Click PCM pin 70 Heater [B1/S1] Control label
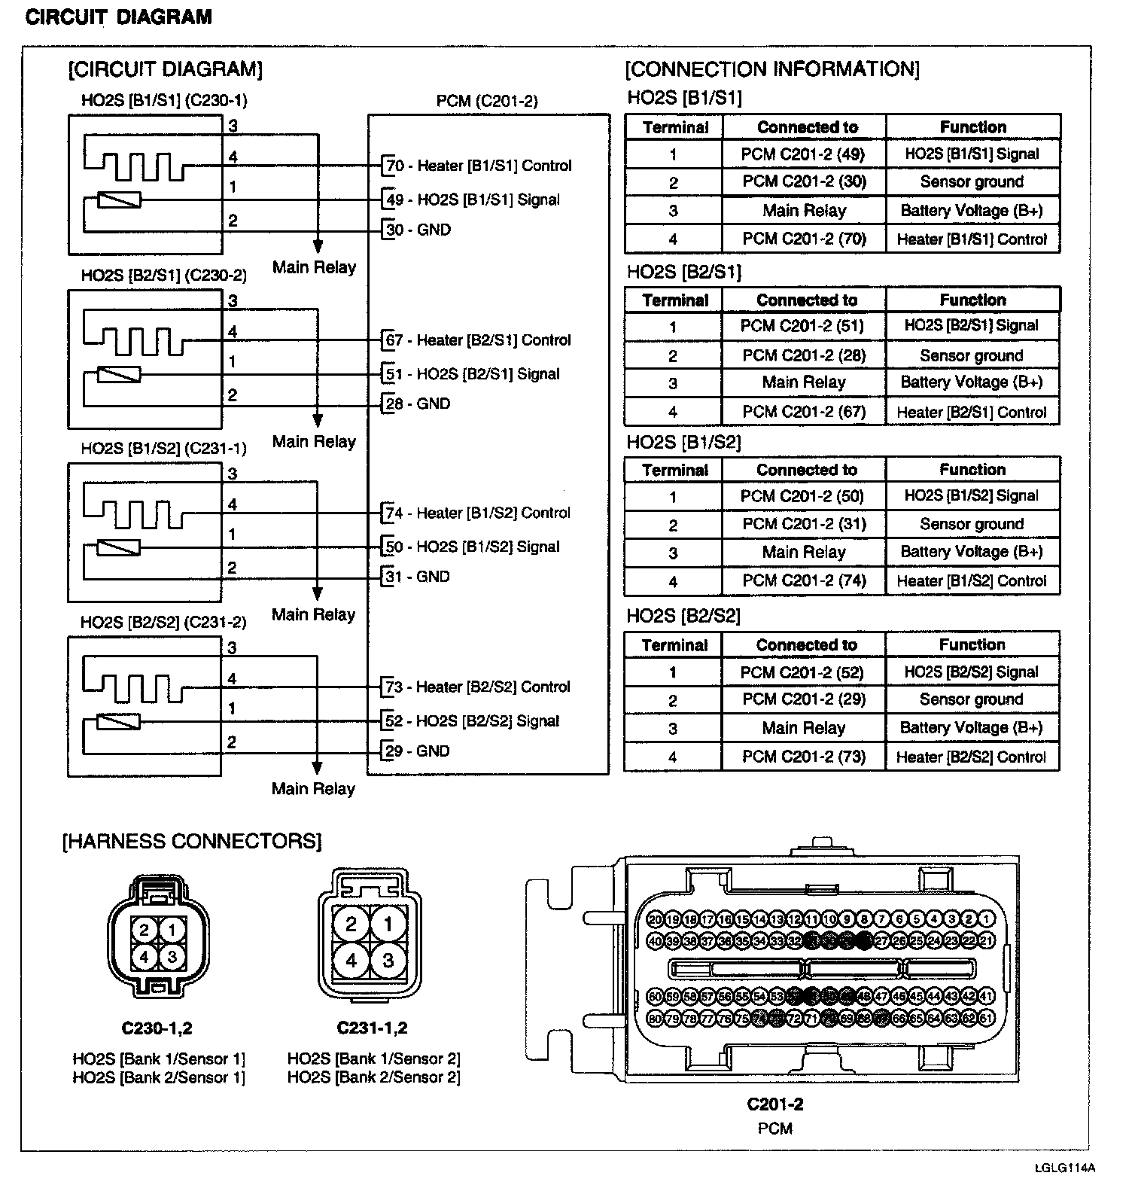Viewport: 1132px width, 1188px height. [478, 166]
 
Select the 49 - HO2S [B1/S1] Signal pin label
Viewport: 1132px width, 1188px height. [473, 200]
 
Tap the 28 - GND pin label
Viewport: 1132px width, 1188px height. [418, 404]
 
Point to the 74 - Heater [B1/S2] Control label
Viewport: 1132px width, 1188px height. [477, 513]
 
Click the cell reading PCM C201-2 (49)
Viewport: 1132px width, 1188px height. [803, 154]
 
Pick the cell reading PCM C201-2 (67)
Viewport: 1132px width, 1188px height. [803, 412]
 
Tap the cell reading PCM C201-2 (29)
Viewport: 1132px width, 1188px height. [803, 699]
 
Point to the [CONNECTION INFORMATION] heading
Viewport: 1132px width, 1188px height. [772, 69]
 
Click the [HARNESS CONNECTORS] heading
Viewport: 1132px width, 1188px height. [192, 841]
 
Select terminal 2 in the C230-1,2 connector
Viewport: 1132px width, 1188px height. [146, 930]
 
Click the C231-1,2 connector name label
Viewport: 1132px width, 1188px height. [372, 1028]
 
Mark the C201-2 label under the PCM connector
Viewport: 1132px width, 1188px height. [774, 1104]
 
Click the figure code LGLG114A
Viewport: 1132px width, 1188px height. [1064, 1168]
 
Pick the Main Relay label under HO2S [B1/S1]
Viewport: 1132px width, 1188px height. [314, 267]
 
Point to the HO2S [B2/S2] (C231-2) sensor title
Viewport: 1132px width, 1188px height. [163, 623]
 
